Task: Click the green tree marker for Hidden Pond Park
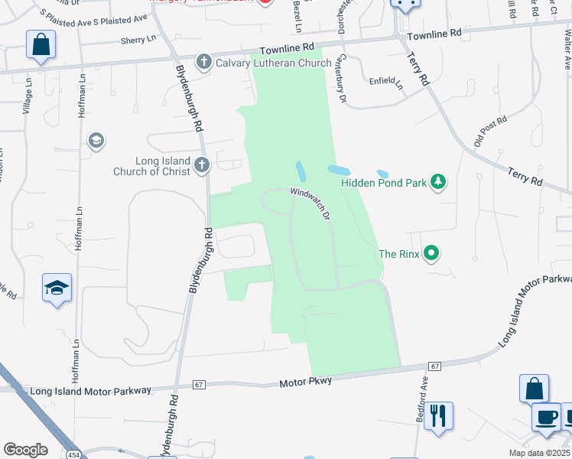click(438, 182)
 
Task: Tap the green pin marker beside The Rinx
click(431, 252)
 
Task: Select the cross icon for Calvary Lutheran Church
click(204, 62)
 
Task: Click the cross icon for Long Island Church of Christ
click(201, 164)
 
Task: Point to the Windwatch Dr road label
click(310, 204)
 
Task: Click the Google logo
click(25, 450)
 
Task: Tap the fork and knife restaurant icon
click(438, 415)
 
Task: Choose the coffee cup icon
click(547, 417)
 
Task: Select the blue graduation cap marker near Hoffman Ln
click(57, 288)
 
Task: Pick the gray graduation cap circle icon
click(96, 141)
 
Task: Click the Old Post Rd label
click(489, 132)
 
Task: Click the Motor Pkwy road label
click(306, 381)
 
